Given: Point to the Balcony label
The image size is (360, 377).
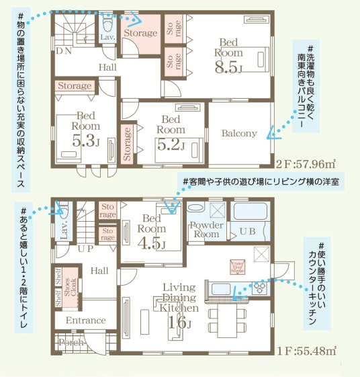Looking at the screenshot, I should (239, 133).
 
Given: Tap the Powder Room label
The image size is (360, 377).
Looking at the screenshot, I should (206, 229).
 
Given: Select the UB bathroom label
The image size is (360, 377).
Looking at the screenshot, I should (247, 231).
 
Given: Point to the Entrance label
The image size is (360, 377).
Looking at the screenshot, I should (85, 321).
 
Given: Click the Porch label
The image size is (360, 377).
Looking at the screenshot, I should (72, 343).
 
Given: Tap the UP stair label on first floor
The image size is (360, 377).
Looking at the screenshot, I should (87, 248).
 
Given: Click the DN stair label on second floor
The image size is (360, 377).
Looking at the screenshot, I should (64, 51).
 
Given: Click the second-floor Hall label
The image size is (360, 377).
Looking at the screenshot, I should (108, 67).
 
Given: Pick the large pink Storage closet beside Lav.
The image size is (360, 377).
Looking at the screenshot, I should (140, 32).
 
